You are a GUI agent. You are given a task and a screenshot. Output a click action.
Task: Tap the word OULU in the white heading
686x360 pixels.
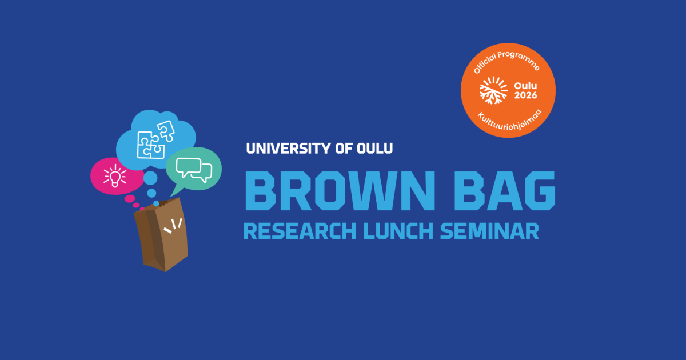[374, 149]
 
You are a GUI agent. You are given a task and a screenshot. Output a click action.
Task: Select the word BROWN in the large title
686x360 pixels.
[340, 191]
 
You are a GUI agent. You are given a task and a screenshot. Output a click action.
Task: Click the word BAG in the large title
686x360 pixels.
[505, 191]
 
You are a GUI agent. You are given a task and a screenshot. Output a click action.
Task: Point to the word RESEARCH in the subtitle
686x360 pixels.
[300, 231]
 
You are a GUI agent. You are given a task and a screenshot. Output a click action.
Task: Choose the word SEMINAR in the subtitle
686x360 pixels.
[489, 231]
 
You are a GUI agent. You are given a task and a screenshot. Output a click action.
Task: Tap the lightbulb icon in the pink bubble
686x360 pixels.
[115, 175]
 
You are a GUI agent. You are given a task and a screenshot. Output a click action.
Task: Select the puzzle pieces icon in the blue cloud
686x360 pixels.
[156, 140]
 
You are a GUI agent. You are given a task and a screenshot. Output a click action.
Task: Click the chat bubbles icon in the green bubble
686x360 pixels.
[194, 170]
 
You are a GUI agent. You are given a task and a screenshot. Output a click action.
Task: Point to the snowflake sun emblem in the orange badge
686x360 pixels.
[493, 90]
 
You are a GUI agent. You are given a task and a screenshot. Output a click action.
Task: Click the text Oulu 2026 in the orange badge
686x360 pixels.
[525, 91]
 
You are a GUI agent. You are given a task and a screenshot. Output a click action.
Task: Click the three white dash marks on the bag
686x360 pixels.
[173, 226]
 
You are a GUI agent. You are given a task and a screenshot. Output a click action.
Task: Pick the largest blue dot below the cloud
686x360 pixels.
[150, 178]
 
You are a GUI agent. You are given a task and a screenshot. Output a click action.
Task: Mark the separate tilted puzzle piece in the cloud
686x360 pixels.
[166, 131]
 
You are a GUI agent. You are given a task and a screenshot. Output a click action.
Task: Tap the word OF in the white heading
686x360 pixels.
[344, 149]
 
